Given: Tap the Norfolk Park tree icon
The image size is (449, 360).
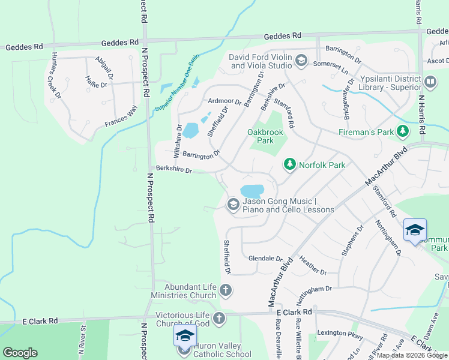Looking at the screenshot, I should [x=289, y=164].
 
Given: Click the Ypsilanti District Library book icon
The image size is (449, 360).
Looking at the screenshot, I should [x=430, y=81].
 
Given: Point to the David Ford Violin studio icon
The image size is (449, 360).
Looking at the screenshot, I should [x=301, y=61].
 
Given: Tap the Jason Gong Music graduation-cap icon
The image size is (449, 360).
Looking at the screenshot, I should [x=232, y=205].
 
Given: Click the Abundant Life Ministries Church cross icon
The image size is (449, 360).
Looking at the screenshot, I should [x=226, y=291].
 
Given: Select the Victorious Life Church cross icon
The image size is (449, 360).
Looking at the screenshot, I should [x=219, y=317].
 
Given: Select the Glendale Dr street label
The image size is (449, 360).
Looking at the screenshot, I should [x=265, y=258].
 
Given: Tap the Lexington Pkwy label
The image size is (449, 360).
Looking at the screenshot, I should [x=340, y=333].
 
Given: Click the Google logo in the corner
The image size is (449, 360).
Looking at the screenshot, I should [x=20, y=353].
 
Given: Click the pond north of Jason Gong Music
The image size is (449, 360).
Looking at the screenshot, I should [x=252, y=191].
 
